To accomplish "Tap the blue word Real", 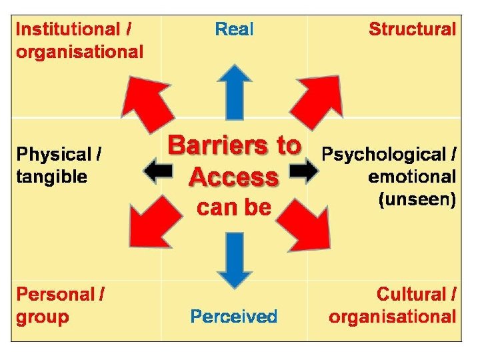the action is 234,29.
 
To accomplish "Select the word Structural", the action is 412,29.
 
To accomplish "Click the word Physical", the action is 54,155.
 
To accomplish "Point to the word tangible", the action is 51,177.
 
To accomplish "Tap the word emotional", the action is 411,177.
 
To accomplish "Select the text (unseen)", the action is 417,199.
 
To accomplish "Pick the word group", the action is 42,317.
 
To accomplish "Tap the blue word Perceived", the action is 233,316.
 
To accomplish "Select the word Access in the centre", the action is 233,177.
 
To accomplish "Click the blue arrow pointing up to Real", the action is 234,90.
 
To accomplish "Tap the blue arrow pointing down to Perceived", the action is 234,259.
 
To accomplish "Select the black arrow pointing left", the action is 159,173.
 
